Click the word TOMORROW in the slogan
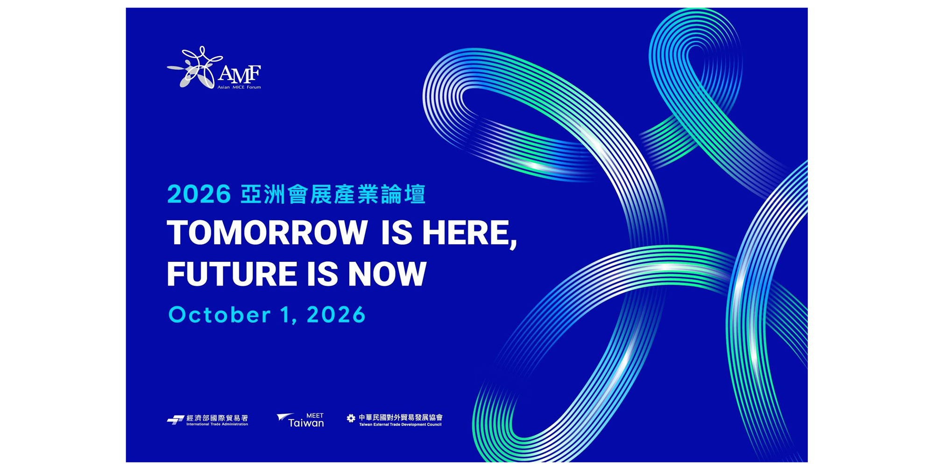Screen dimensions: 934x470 point(267,232)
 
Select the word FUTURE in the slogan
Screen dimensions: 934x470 point(231,274)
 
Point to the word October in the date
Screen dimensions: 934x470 point(219,315)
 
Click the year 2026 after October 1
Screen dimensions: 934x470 point(336,315)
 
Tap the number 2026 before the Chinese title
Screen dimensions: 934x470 point(199,194)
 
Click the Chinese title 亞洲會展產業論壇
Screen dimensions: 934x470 point(333,194)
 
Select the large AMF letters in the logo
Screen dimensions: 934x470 point(239,73)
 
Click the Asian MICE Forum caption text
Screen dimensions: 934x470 point(239,87)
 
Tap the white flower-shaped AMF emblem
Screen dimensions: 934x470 point(195,67)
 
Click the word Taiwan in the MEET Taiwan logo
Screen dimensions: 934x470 point(306,423)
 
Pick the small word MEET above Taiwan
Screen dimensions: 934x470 point(315,415)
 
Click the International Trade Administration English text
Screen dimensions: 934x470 point(217,424)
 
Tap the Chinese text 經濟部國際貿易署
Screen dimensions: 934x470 point(217,418)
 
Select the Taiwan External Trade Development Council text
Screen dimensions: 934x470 point(400,425)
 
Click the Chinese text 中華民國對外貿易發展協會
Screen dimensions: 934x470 point(400,418)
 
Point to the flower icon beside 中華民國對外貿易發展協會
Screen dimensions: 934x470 point(351,418)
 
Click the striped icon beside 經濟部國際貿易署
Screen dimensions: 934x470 point(176,420)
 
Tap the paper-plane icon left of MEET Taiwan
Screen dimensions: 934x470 point(285,418)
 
